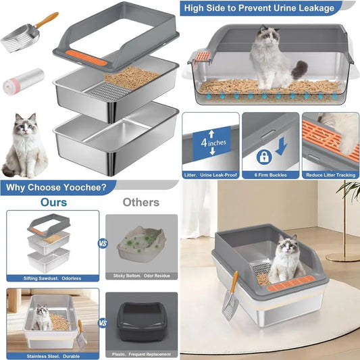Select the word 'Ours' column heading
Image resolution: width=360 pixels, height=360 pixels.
coord(53,202)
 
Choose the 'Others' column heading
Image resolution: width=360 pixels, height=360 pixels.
coord(140,202)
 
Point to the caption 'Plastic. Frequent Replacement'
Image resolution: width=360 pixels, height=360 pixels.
coord(142,353)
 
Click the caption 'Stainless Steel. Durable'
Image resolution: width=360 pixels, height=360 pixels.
coord(53,353)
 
